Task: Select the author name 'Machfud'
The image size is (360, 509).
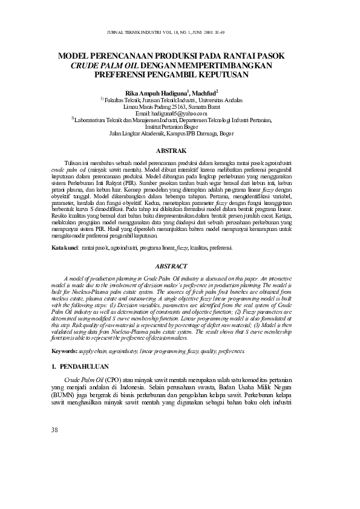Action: click(203, 92)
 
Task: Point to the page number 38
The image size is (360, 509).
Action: click(55, 430)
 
